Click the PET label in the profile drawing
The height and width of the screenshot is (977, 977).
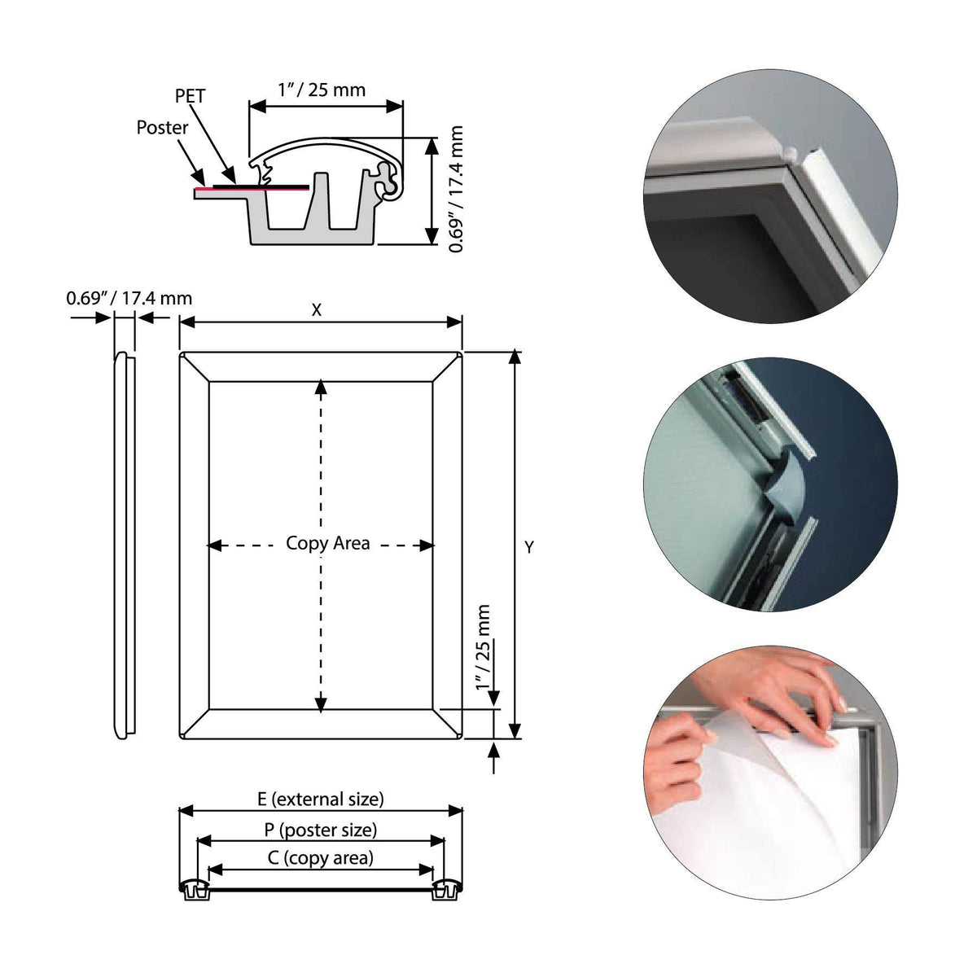(191, 96)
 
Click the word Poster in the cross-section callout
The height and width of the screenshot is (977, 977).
(162, 128)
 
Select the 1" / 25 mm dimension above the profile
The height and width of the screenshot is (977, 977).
(322, 90)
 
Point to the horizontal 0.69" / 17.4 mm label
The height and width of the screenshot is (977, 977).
(129, 298)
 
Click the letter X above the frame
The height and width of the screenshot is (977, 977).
(317, 309)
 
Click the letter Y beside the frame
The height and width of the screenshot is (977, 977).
(529, 548)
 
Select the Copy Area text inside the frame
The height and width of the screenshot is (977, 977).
(328, 543)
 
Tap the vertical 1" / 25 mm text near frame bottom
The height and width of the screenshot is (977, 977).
(485, 648)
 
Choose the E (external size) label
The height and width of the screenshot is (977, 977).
(321, 799)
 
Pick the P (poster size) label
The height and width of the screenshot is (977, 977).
(320, 830)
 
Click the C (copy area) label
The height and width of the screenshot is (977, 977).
(321, 857)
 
